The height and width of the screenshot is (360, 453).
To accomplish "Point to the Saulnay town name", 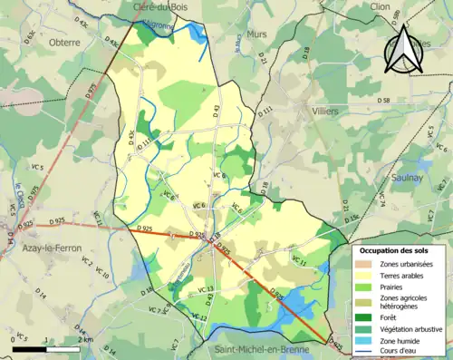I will tap(403, 179).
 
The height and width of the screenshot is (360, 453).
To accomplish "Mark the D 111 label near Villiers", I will tap(265, 111).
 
